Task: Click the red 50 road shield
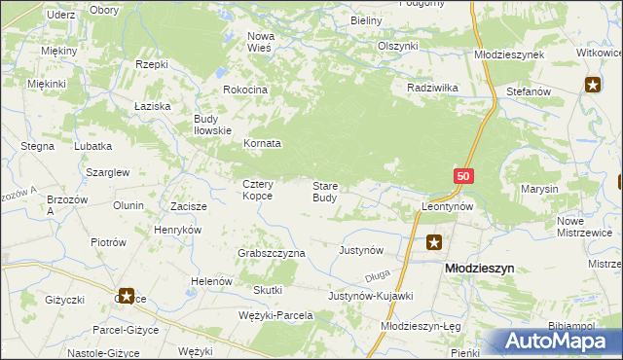462,175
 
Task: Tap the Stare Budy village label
325,191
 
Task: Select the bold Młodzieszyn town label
479,267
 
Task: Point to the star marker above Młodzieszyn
434,242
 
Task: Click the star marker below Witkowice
593,85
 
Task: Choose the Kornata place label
261,143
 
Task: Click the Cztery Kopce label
258,190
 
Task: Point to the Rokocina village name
244,90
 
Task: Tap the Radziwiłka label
432,88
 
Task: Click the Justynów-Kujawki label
371,295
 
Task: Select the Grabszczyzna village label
272,253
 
